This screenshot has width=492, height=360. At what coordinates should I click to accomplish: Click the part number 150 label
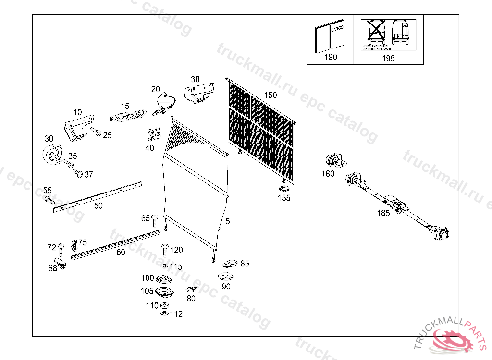click(x=271, y=95)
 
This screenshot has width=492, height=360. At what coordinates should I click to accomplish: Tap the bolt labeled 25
click(x=96, y=132)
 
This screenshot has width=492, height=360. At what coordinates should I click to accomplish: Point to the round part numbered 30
click(x=52, y=155)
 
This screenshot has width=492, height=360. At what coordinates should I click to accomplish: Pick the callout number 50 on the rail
click(x=98, y=206)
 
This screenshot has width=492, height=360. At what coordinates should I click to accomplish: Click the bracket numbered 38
click(x=198, y=92)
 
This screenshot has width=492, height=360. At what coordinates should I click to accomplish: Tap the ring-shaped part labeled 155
click(x=284, y=188)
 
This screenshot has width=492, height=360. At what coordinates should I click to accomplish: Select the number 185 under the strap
click(x=383, y=213)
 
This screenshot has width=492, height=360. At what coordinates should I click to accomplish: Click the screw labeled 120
click(x=164, y=250)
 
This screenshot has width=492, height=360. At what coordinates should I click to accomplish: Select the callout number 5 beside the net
click(x=227, y=221)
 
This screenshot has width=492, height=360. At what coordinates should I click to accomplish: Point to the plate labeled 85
click(x=230, y=263)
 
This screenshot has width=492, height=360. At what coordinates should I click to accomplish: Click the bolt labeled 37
click(x=77, y=172)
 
